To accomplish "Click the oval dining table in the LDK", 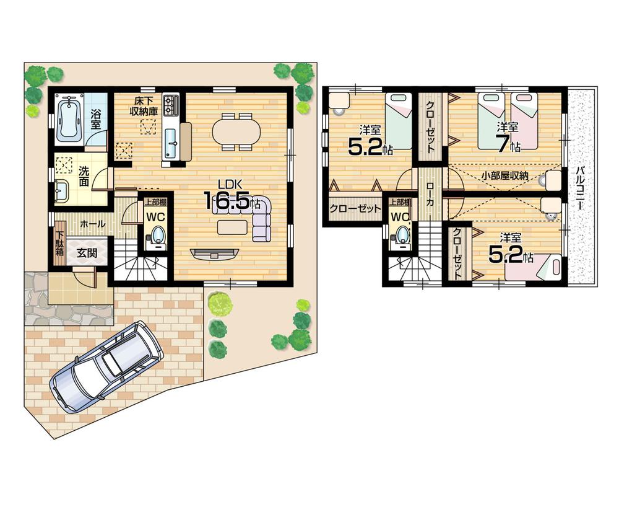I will click(x=237, y=131).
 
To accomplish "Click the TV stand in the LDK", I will click(x=215, y=253).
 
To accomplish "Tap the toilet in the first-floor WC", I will click(x=158, y=236).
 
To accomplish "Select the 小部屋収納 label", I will click(x=504, y=176).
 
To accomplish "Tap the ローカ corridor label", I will click(x=430, y=201).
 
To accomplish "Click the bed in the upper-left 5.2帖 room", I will click(x=399, y=121).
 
